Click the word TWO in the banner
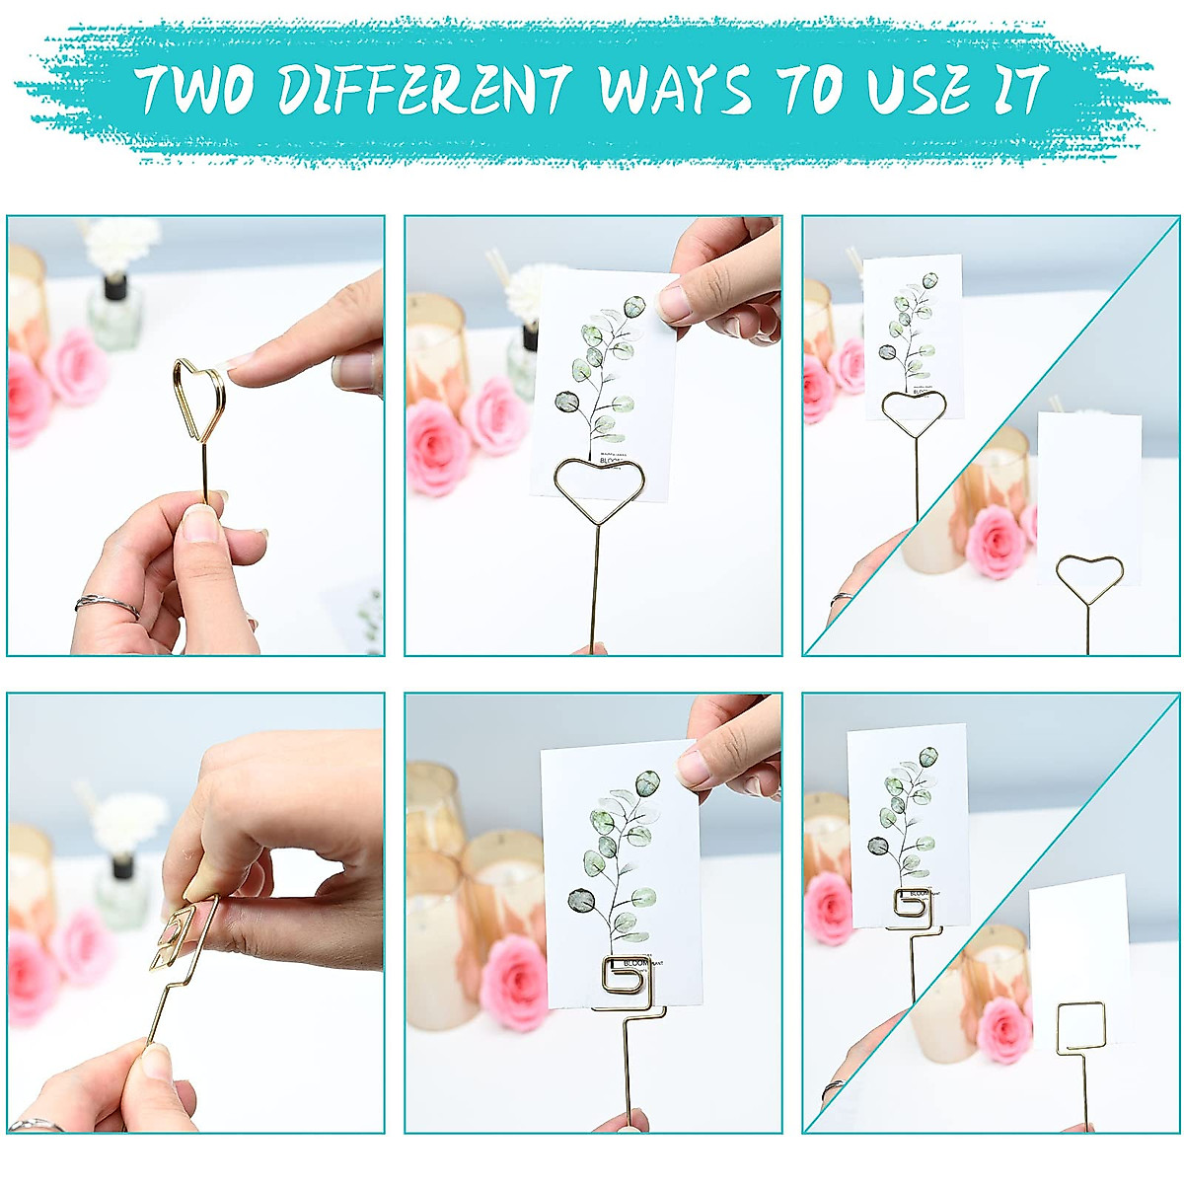[195, 90]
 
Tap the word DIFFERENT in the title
[424, 90]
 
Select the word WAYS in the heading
[675, 90]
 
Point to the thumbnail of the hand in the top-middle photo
[676, 302]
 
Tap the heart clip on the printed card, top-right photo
[914, 412]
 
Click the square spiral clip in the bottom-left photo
[178, 937]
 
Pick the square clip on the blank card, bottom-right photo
[1081, 1026]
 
